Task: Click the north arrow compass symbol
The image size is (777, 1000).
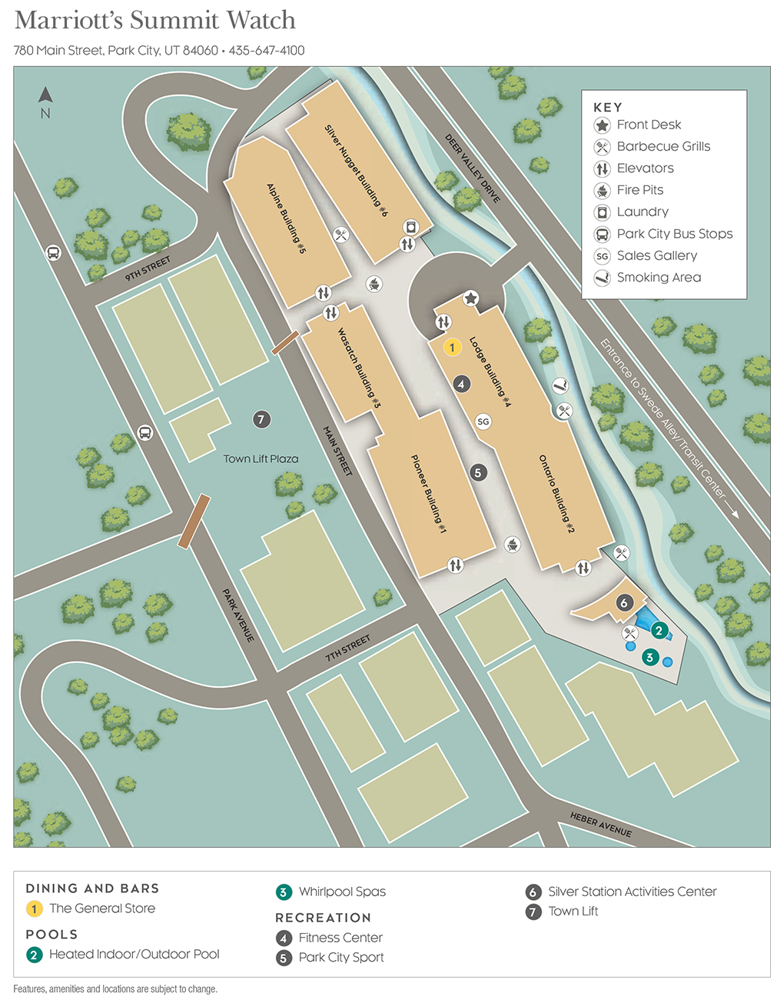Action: click(45, 95)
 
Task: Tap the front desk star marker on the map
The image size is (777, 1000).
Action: click(470, 298)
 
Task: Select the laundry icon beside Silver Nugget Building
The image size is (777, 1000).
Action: click(411, 227)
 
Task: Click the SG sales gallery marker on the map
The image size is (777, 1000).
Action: click(483, 422)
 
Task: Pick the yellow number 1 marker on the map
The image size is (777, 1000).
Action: click(452, 348)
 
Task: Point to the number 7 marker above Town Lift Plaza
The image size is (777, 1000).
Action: click(261, 419)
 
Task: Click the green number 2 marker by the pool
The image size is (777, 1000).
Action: click(659, 631)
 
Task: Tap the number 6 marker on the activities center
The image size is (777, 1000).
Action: click(624, 603)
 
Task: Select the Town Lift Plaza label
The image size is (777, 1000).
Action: click(261, 459)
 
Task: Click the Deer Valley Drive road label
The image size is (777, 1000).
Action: click(473, 168)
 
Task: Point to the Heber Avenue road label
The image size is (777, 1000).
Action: click(600, 825)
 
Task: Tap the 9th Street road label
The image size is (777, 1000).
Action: click(148, 268)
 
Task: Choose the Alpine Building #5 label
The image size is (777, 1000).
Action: click(286, 218)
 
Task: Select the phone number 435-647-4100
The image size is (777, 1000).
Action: click(267, 51)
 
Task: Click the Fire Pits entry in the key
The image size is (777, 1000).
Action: click(639, 190)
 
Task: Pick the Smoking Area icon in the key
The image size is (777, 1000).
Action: click(603, 278)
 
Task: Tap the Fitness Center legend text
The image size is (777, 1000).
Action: click(340, 938)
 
